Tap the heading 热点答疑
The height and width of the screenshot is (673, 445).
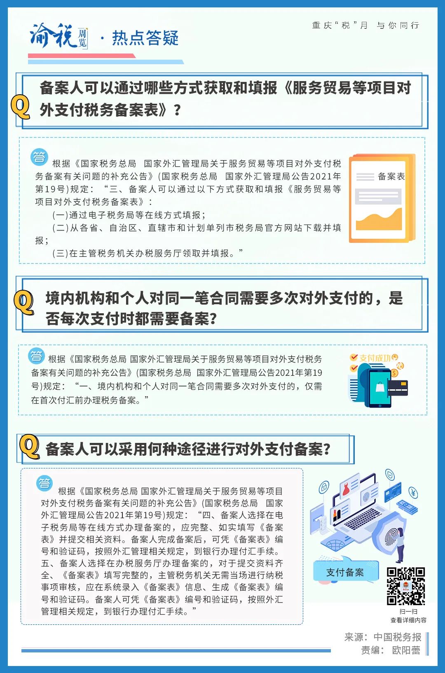pos(145,38)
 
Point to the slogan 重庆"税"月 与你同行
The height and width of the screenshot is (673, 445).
pos(365,25)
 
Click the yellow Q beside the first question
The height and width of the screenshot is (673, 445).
pos(21,108)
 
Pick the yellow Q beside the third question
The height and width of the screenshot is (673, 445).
pos(30,447)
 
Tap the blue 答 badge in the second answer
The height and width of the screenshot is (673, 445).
pos(36,356)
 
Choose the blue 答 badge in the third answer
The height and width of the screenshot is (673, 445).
pos(44,483)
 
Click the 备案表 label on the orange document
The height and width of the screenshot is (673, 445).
pos(391,176)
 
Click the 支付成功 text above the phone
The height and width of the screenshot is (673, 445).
pos(375,358)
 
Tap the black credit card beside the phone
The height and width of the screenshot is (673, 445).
pos(398,389)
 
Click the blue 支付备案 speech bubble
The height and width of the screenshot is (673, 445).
pos(345,572)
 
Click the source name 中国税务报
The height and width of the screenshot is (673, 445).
pos(398,637)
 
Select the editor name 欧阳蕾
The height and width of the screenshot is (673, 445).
pos(406,650)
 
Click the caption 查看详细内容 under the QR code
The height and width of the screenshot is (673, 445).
pos(408,620)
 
